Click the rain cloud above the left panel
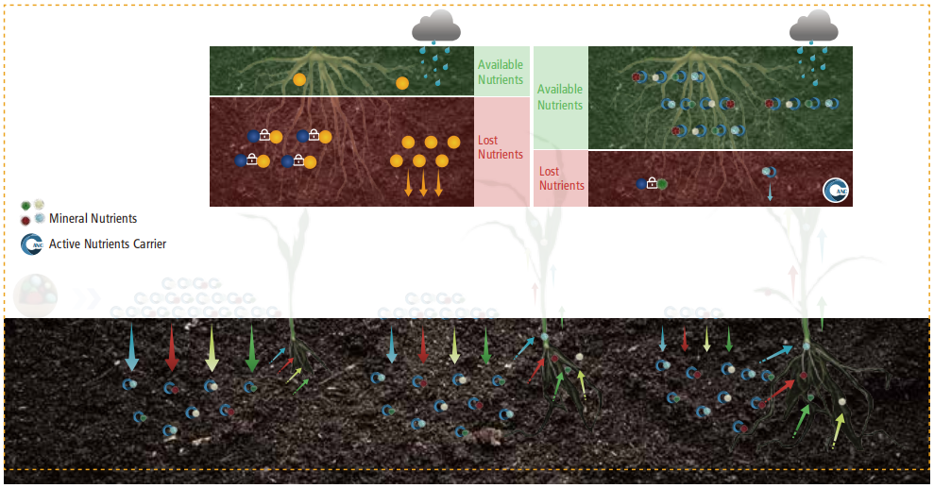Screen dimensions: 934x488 [436, 25]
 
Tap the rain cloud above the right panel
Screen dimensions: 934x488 [814, 25]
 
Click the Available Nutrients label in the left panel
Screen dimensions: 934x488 [501, 72]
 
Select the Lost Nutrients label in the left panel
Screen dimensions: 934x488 [501, 147]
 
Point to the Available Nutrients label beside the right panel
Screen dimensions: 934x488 [560, 97]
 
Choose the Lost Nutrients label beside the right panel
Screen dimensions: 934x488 [561, 178]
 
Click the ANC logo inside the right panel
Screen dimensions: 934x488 [836, 191]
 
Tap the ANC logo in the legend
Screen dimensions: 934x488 [31, 244]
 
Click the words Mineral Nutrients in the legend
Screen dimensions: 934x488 [93, 218]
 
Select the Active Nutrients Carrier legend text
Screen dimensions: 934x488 [108, 244]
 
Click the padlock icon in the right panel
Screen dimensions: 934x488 [652, 183]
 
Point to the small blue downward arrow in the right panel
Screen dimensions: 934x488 [770, 192]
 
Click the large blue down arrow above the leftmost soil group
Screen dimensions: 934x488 [131, 348]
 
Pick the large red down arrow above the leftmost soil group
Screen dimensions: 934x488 [172, 348]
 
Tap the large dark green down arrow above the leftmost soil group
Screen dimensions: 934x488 [252, 348]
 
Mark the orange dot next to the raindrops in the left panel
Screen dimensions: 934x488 [402, 83]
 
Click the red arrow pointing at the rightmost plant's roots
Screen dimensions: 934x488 [780, 391]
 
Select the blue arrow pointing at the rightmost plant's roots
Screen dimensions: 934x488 [776, 354]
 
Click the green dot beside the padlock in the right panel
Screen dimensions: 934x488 [662, 184]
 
